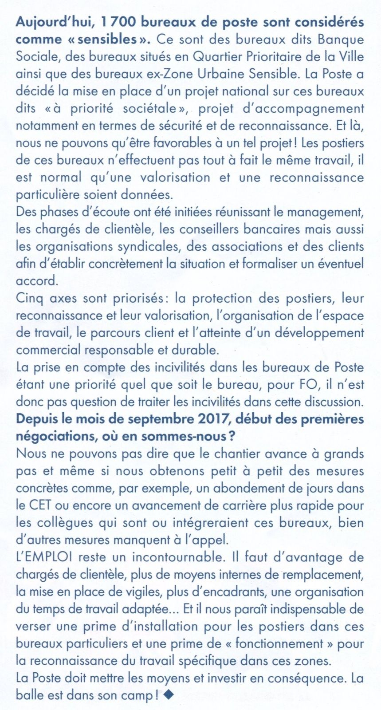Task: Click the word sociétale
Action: [149, 108]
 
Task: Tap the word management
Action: [325, 212]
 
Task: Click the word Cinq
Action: [29, 298]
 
